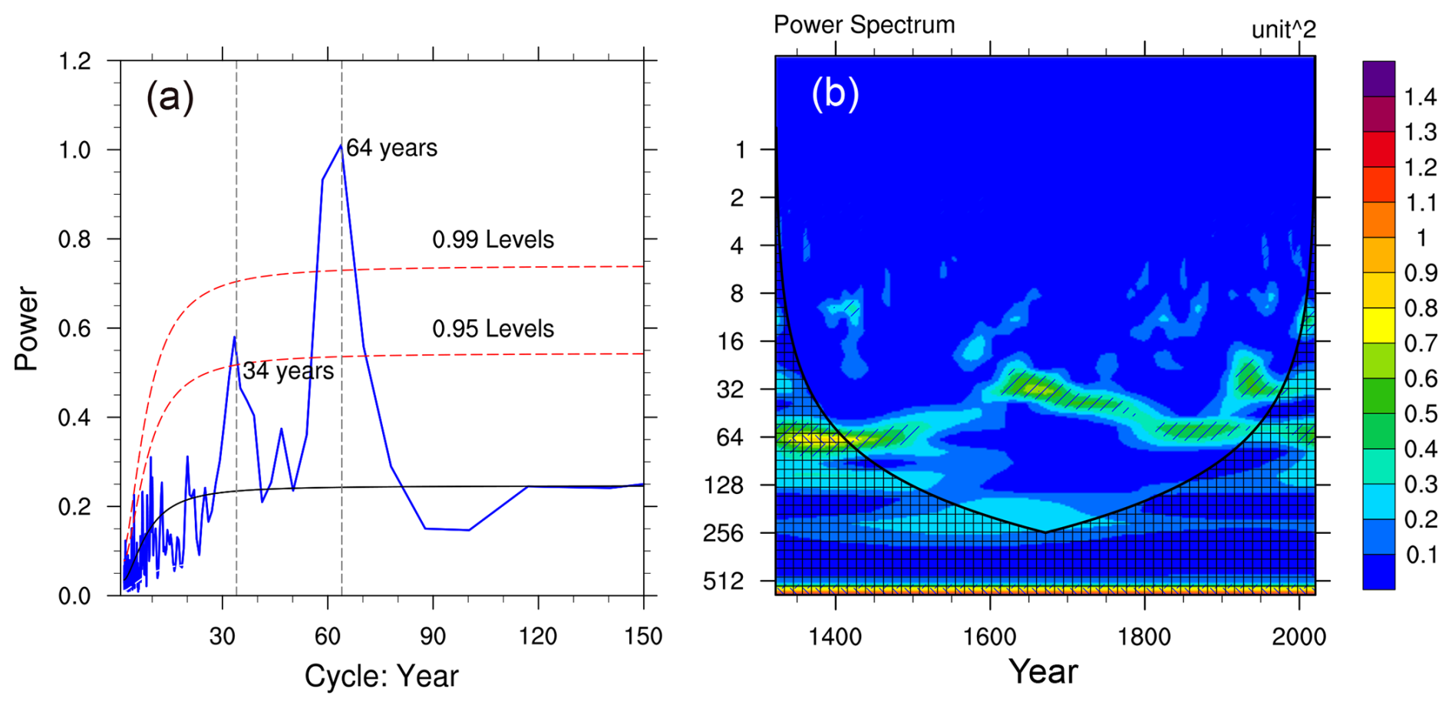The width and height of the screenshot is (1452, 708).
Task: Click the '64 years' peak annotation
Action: pyautogui.click(x=391, y=148)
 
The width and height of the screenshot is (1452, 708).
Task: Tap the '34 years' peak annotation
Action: pyautogui.click(x=289, y=371)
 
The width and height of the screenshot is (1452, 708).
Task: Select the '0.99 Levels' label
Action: pyautogui.click(x=493, y=240)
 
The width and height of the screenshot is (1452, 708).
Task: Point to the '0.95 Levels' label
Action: pyautogui.click(x=493, y=329)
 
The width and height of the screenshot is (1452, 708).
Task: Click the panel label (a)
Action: pyautogui.click(x=170, y=97)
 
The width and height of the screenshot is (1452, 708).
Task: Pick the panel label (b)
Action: pyautogui.click(x=835, y=94)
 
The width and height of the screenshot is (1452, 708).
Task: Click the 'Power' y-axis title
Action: pyautogui.click(x=27, y=329)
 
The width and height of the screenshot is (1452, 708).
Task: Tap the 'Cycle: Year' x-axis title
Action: pyautogui.click(x=381, y=677)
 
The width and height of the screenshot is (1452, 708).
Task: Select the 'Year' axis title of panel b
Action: pyautogui.click(x=1043, y=672)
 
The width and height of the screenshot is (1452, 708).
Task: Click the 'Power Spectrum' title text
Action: pyautogui.click(x=864, y=25)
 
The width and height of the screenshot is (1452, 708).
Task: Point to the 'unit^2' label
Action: pyautogui.click(x=1283, y=30)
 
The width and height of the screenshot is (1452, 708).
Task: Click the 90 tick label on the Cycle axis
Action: pyautogui.click(x=433, y=637)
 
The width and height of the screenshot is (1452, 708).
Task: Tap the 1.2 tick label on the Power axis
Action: pyautogui.click(x=74, y=61)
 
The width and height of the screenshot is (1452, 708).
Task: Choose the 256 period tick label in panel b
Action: pyautogui.click(x=723, y=533)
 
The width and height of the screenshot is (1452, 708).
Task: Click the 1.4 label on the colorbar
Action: pyautogui.click(x=1420, y=97)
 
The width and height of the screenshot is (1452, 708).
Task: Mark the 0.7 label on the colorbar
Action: pyautogui.click(x=1420, y=344)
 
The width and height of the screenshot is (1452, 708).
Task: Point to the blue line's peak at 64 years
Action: pyautogui.click(x=341, y=145)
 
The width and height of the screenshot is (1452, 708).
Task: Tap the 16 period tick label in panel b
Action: pyautogui.click(x=730, y=341)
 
